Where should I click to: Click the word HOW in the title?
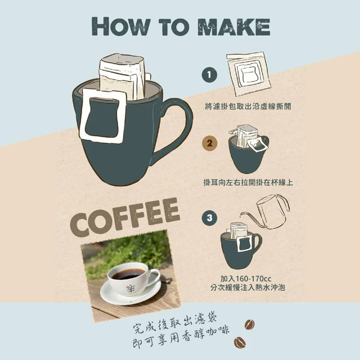[x=121, y=26]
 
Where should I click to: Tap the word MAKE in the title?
[x=234, y=26]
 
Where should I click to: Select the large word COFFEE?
[x=125, y=217]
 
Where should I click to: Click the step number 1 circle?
[x=209, y=75]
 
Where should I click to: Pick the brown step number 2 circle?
[x=209, y=143]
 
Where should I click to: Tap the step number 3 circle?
[x=209, y=218]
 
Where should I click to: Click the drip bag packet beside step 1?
[x=249, y=74]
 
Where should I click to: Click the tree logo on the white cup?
[x=130, y=288]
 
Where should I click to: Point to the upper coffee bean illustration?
[x=249, y=324]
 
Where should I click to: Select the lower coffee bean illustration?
[x=240, y=343]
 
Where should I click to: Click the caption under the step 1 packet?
[x=248, y=106]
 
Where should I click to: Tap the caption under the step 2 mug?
[x=248, y=182]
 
